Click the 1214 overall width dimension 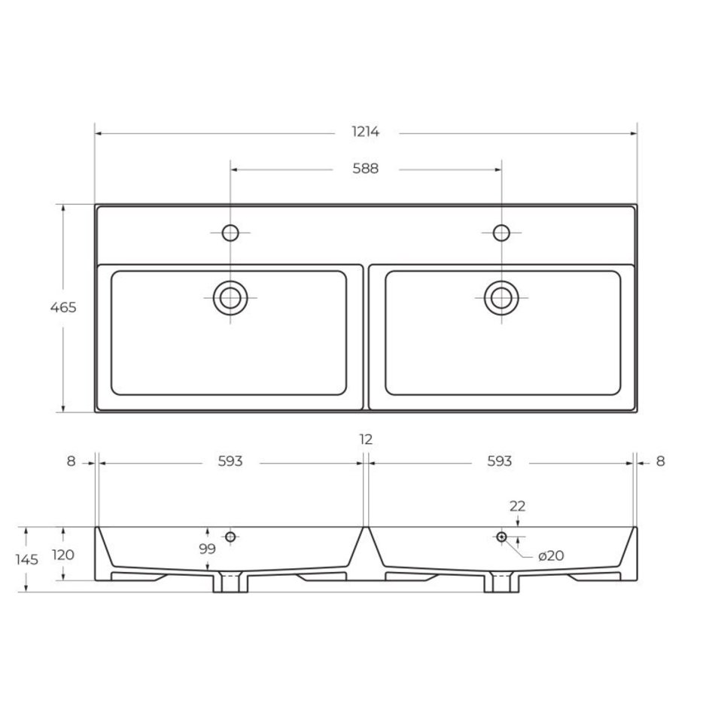point(365,132)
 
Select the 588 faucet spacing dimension point(365,169)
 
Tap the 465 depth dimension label point(63,308)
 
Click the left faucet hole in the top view point(230,233)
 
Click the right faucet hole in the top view point(501,233)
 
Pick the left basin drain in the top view point(230,298)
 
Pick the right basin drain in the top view point(501,298)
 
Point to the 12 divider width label point(366,440)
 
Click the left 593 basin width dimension point(230,461)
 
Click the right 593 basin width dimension point(500,461)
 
